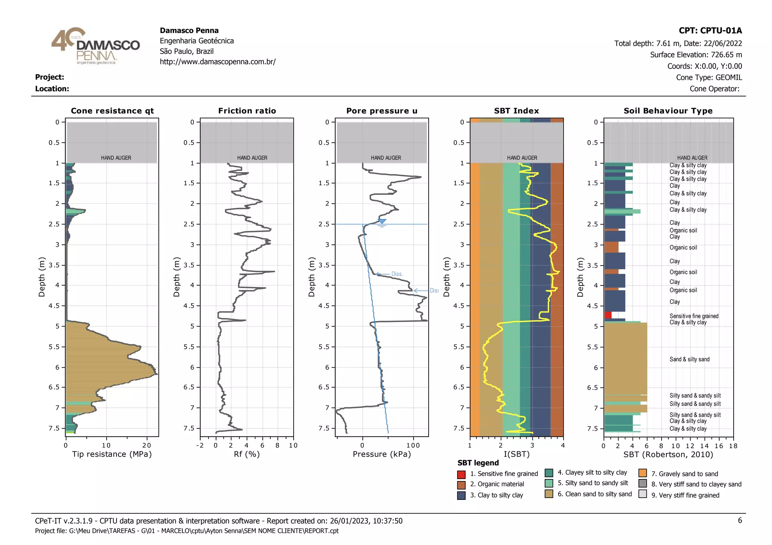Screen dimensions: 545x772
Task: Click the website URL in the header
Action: [218, 62]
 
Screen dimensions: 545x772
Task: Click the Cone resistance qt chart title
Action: [112, 111]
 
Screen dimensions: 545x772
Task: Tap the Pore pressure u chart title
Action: [381, 111]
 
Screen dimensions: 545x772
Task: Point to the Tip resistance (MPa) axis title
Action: [112, 454]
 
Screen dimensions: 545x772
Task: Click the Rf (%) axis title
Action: [247, 454]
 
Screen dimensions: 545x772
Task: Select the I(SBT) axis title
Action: [516, 454]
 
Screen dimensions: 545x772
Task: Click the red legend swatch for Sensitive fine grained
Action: [461, 474]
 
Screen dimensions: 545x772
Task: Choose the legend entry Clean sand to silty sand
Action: [594, 494]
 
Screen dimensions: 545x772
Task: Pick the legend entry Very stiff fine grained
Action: [685, 495]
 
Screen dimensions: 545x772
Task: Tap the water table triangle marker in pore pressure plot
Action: [382, 221]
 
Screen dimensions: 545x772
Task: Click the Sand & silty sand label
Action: [689, 359]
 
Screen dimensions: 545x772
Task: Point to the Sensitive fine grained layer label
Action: [694, 316]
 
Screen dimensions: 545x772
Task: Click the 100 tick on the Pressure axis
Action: [413, 446]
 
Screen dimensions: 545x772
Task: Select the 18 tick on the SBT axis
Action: [733, 446]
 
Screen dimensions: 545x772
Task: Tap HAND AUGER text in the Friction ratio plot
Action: [252, 158]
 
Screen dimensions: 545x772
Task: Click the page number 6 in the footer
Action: [740, 521]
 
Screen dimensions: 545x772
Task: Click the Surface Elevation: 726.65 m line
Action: [696, 55]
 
